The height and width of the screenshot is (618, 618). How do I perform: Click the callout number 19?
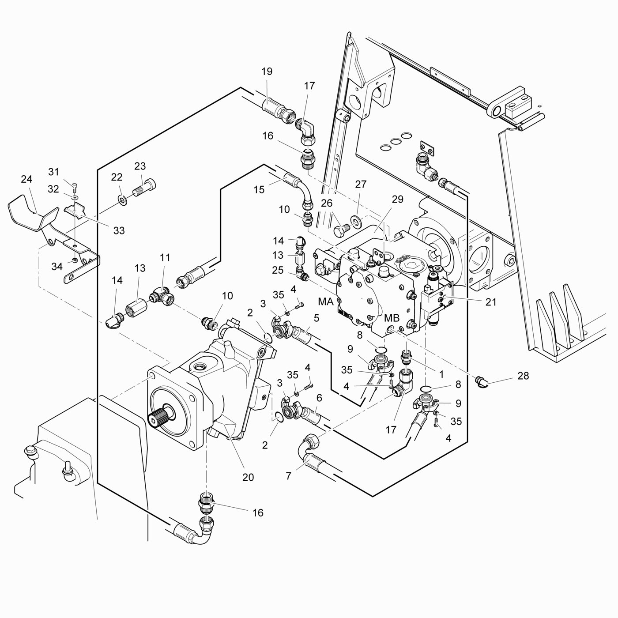267,72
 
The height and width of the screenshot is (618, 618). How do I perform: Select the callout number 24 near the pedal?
26,179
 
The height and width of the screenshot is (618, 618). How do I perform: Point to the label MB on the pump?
392,318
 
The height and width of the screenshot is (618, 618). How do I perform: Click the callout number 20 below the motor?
248,477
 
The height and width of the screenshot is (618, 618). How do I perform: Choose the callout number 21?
491,302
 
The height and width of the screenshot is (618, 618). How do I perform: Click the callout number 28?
523,376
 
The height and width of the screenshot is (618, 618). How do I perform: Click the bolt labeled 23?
145,188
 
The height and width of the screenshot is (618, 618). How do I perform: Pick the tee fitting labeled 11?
162,298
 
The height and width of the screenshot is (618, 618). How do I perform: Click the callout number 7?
288,476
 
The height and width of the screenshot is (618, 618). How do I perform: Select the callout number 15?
259,189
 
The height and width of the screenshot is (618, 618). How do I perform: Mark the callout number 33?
119,230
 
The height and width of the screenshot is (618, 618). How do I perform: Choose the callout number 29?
397,200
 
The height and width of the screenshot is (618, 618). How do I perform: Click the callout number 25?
278,270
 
